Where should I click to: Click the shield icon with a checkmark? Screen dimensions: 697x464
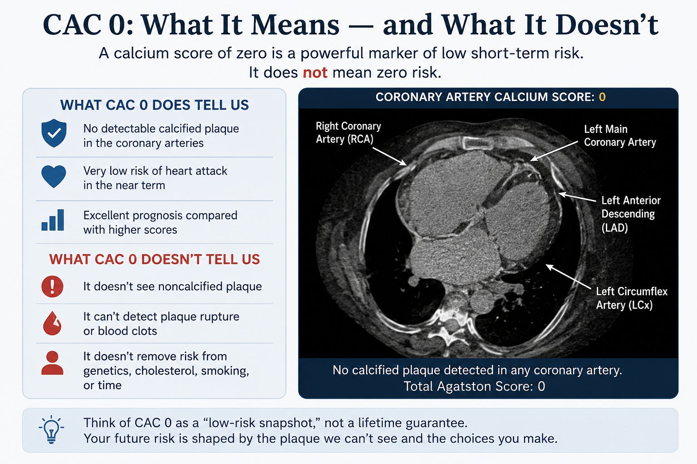(x=54, y=133)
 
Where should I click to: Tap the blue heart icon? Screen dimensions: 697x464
(x=54, y=176)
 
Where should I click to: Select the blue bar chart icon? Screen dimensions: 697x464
(x=53, y=220)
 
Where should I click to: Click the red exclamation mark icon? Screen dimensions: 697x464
(x=52, y=286)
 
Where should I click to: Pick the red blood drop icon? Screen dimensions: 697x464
(x=52, y=323)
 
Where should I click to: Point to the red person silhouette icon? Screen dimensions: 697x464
(x=52, y=362)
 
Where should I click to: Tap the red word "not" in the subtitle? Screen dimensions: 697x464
(x=315, y=72)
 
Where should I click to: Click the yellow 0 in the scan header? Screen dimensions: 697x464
(x=602, y=97)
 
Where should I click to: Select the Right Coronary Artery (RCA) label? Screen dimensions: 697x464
(x=348, y=133)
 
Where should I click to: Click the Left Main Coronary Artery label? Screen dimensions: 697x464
(x=620, y=135)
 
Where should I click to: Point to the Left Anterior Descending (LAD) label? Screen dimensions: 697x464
(x=631, y=214)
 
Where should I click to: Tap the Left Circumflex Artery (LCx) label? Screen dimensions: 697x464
(x=632, y=298)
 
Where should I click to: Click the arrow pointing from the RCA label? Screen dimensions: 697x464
(x=390, y=157)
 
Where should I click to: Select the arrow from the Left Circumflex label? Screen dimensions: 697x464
(x=569, y=276)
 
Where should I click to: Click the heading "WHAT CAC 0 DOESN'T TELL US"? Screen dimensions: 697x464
(x=154, y=260)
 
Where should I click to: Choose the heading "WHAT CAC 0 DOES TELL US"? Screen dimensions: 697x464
(x=154, y=105)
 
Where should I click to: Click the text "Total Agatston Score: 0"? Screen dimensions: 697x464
(x=474, y=387)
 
